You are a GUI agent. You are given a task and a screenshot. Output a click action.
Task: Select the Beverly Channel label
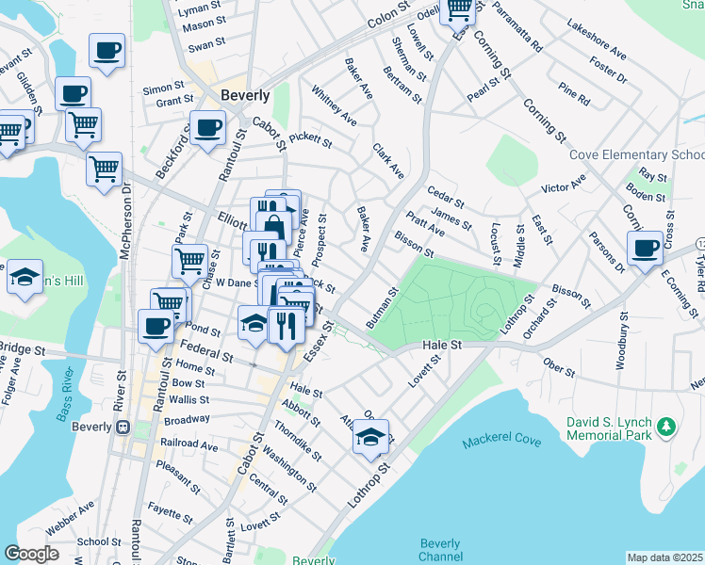coord(440,550)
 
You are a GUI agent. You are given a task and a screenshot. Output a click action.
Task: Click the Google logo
coord(32,554)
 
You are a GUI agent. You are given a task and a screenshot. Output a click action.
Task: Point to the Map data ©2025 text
coord(664,557)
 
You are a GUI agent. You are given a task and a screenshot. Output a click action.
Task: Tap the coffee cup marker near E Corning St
coord(645,248)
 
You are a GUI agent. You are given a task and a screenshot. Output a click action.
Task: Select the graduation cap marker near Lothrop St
coord(371,437)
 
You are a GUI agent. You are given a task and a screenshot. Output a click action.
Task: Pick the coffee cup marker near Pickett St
coord(207,127)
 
